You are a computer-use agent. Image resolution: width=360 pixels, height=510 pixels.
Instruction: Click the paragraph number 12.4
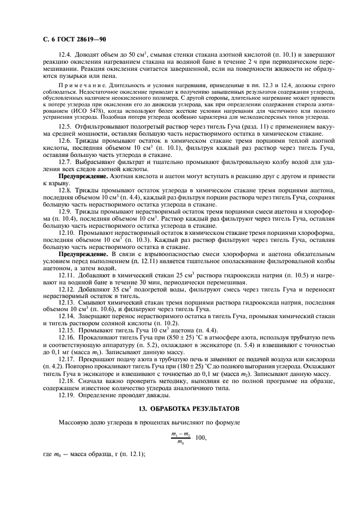65,56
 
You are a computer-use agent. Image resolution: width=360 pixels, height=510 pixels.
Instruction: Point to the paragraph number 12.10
66,233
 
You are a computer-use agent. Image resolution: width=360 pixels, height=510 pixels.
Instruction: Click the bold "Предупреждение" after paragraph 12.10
83,253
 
